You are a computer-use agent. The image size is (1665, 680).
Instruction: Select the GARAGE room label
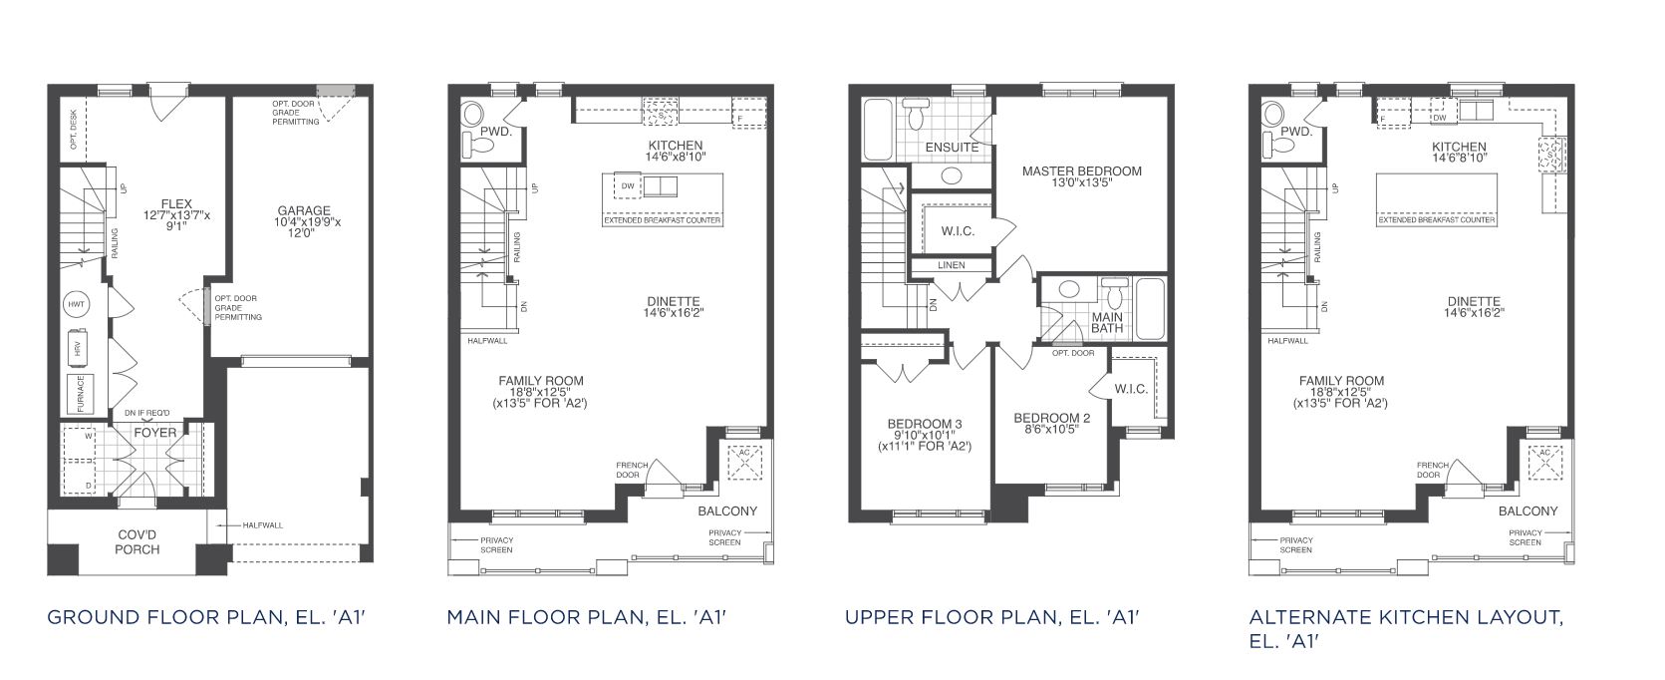(304, 210)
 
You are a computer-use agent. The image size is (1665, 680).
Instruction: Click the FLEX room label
(176, 203)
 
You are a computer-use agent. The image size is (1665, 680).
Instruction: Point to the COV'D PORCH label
(137, 541)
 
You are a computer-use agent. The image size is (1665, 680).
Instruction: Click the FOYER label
(155, 433)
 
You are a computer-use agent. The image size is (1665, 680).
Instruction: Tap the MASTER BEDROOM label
(1081, 170)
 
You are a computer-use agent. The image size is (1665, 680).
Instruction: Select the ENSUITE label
(952, 148)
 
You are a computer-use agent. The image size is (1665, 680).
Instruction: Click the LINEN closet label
(952, 265)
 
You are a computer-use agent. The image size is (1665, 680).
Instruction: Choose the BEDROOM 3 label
(925, 424)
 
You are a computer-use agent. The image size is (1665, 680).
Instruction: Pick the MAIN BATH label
(1107, 323)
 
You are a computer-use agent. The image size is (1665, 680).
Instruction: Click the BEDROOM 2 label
(1051, 418)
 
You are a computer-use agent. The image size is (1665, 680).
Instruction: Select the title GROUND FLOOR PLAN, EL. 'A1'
(207, 617)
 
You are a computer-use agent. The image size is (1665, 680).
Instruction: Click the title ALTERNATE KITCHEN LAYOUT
(1405, 617)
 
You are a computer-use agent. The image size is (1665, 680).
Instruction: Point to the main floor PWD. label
(495, 131)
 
